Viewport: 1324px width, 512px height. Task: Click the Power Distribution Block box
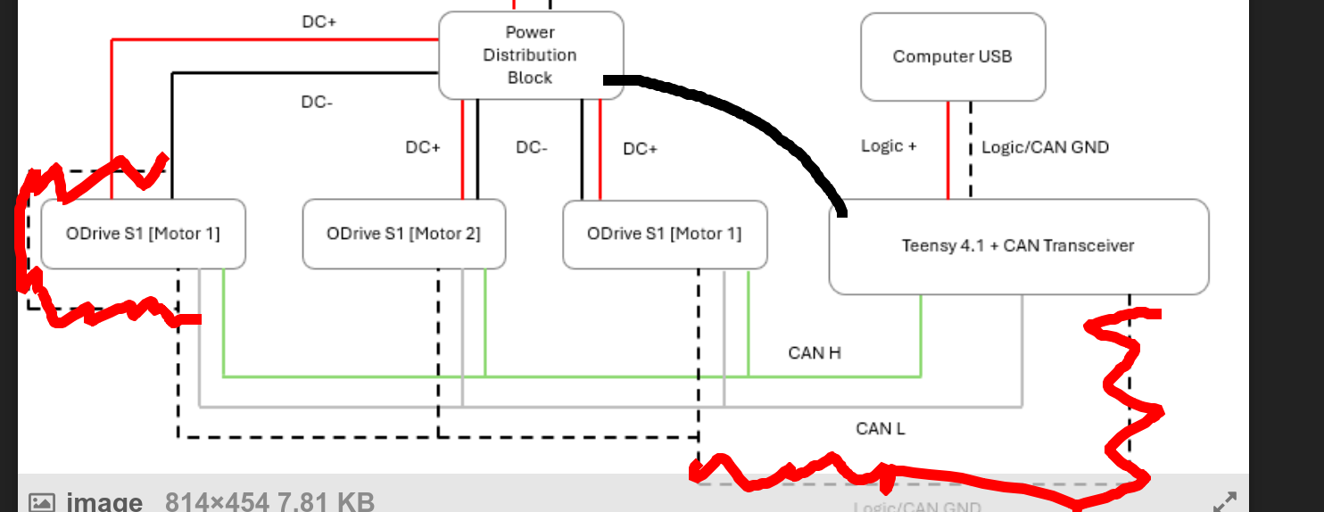click(530, 54)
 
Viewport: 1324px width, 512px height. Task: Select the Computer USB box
click(952, 56)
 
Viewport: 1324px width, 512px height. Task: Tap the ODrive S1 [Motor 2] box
click(403, 234)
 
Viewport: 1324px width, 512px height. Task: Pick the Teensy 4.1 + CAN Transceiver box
click(1018, 245)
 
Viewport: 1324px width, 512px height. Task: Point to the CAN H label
click(815, 353)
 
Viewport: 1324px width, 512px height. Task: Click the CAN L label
click(881, 429)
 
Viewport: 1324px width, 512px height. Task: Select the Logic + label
click(889, 146)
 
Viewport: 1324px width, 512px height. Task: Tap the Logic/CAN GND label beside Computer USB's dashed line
click(1045, 147)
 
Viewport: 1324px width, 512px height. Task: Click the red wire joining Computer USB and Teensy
click(948, 150)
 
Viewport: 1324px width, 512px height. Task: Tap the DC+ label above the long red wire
click(319, 22)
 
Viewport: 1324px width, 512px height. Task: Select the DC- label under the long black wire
click(317, 102)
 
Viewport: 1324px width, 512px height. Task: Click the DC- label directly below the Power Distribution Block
click(532, 147)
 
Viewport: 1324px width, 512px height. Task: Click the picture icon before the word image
click(42, 502)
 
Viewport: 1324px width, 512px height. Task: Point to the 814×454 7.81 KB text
click(269, 502)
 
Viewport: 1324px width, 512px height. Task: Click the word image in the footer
click(104, 502)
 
